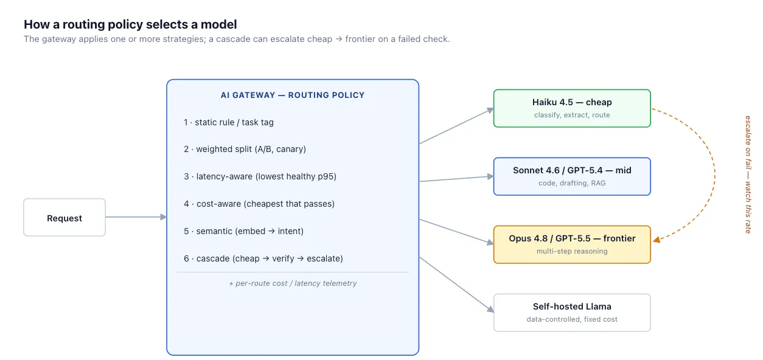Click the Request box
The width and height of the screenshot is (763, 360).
pos(64,217)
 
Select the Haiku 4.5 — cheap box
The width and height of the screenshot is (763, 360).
pos(572,108)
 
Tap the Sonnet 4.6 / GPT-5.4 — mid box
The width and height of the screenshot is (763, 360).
pos(572,176)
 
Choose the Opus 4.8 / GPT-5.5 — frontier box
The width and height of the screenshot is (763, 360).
pos(572,244)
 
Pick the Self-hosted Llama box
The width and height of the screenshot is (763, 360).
pos(572,313)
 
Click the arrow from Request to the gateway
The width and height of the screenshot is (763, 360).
pos(136,217)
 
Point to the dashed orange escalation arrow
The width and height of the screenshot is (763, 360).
pos(715,175)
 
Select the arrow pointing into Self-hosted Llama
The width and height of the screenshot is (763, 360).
pos(456,285)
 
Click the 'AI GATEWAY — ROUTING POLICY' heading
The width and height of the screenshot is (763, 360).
pos(293,95)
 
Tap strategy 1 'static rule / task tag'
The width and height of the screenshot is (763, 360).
pos(229,122)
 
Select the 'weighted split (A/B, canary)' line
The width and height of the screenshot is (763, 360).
pos(245,149)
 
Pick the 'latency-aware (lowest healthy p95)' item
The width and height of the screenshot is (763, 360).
pos(260,176)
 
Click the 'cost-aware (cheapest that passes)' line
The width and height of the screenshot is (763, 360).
pos(259,204)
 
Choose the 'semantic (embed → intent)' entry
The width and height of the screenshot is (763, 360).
pos(243,231)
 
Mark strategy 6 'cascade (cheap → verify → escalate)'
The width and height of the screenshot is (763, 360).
pos(263,258)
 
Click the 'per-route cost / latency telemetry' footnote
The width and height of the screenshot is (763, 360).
pos(293,283)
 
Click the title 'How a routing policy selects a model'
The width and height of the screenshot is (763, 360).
pos(130,24)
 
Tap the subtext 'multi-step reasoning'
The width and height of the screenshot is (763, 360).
pos(572,251)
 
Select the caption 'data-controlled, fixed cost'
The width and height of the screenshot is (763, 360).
pos(572,319)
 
